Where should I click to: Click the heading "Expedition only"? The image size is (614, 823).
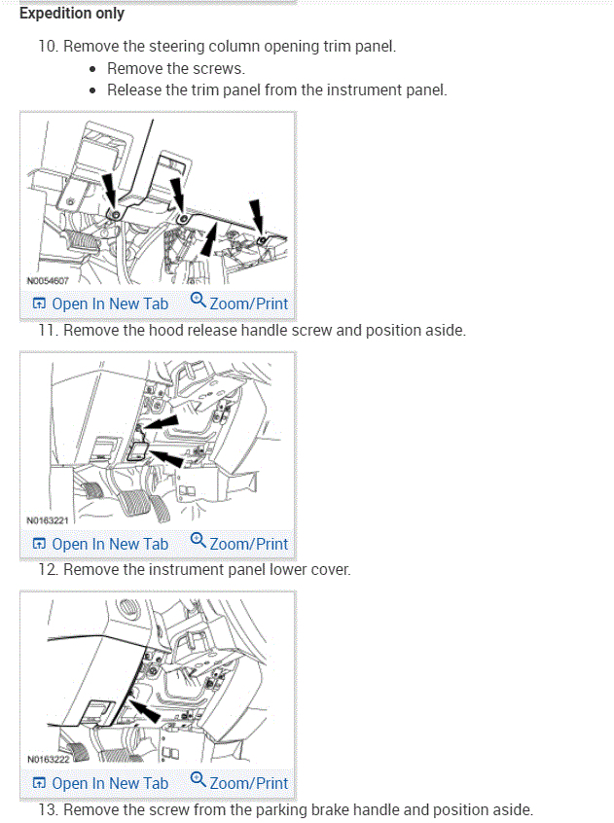72,14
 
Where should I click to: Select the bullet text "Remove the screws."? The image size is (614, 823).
176,68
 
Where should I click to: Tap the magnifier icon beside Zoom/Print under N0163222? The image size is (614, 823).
199,780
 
